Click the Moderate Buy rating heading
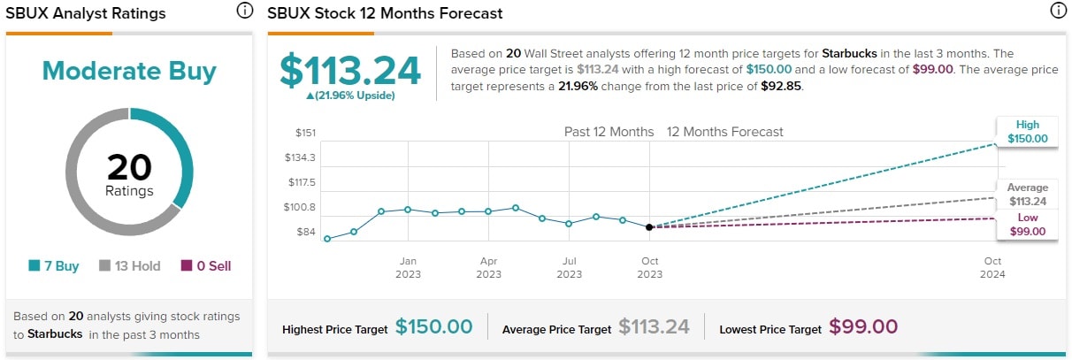[x=129, y=71]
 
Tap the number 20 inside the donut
[x=129, y=167]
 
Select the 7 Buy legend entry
[x=54, y=265]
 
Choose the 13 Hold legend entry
[x=129, y=265]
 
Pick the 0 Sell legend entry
[x=206, y=265]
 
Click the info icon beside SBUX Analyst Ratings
[x=245, y=11]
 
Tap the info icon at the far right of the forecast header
[x=1057, y=11]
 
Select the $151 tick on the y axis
[x=304, y=133]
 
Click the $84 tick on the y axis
[x=305, y=232]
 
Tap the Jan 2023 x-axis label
[x=408, y=267]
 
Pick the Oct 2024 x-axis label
[x=992, y=267]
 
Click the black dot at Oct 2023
[x=649, y=227]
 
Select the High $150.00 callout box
[x=1027, y=132]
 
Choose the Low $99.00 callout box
[x=1027, y=225]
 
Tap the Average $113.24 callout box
[x=1027, y=194]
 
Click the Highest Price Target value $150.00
[x=433, y=327]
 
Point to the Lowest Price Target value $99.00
[x=863, y=327]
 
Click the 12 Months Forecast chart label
[x=724, y=132]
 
